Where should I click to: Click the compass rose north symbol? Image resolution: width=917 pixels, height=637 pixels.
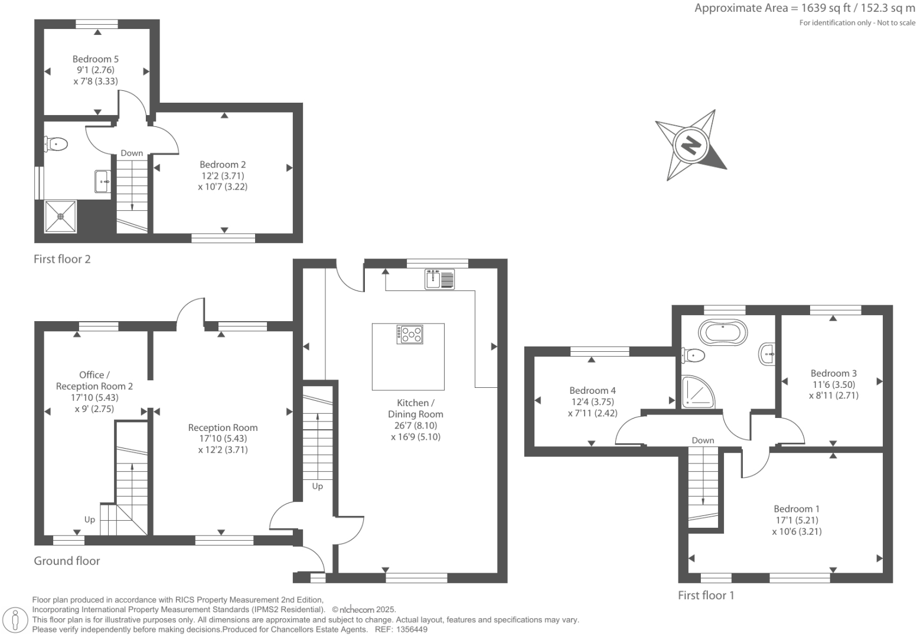coord(690,145)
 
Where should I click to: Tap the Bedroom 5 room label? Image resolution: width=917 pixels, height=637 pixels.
coord(95,59)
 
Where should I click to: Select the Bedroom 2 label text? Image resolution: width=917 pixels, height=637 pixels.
coord(223,165)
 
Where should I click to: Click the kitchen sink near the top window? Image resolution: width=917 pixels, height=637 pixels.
coord(439,279)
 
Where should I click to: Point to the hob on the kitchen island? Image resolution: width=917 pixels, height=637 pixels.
coord(410,335)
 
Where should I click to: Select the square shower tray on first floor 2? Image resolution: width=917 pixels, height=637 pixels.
coord(60,217)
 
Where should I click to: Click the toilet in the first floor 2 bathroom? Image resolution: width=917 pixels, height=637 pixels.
coord(56,143)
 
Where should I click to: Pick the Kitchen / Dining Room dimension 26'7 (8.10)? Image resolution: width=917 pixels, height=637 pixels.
coord(415,426)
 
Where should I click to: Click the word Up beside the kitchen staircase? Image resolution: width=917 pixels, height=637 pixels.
coord(318,486)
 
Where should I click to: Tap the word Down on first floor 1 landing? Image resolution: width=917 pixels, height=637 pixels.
coord(703,440)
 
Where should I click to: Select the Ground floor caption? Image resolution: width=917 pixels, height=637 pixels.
coord(67,561)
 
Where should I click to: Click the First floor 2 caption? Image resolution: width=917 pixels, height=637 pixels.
coord(62,259)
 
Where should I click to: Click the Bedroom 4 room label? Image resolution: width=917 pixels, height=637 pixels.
coord(592,390)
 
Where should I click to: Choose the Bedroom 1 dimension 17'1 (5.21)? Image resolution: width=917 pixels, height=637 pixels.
coord(797,520)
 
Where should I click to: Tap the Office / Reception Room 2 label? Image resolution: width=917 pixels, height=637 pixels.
coord(94,380)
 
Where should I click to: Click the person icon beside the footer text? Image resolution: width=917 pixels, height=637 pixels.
coord(16,620)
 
